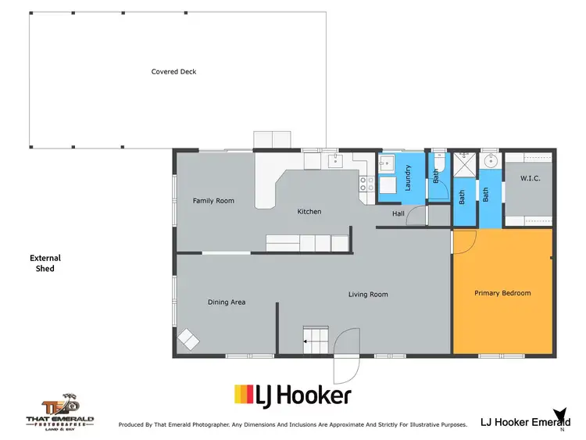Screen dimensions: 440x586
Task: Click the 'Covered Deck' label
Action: (173, 72)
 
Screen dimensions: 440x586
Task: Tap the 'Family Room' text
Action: (213, 201)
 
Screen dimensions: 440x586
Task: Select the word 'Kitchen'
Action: (309, 212)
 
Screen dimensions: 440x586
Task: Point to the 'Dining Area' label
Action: (227, 302)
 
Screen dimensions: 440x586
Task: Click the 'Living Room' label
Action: (368, 295)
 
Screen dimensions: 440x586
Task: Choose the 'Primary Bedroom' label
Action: (502, 293)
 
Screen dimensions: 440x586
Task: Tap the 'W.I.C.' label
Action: (531, 179)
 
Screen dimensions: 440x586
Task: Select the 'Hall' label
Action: (398, 213)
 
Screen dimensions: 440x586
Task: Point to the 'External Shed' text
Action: (45, 263)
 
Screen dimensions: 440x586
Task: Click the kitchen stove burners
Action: (364, 185)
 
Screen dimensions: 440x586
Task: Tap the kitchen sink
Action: (336, 162)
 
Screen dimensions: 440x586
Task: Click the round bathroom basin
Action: (490, 163)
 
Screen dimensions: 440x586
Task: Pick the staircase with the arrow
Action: (316, 338)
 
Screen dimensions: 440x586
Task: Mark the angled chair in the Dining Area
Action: (188, 339)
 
